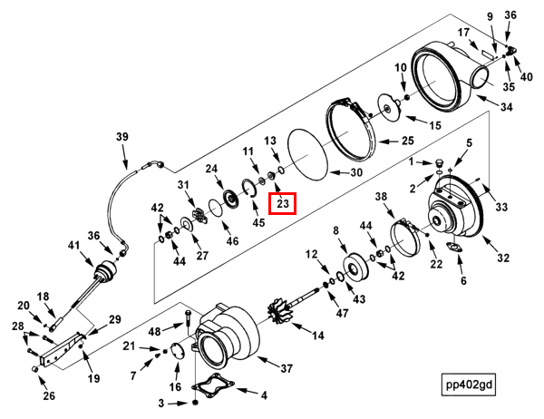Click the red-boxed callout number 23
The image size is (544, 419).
(x=283, y=203)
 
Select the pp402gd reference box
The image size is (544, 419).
(x=469, y=385)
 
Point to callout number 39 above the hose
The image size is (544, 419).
(x=122, y=137)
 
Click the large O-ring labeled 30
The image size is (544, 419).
(x=308, y=154)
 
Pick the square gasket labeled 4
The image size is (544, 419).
(x=213, y=385)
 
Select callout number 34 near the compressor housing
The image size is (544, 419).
(x=506, y=107)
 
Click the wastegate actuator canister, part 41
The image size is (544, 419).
(x=106, y=271)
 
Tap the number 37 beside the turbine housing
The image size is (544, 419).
(x=287, y=368)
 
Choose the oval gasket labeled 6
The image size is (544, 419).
(x=454, y=248)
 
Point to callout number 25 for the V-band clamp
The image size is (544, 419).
(x=408, y=141)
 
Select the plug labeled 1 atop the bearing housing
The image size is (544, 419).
(x=440, y=163)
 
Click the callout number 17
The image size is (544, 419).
(x=463, y=33)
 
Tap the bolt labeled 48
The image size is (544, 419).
(x=187, y=318)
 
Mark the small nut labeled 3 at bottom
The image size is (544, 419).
(x=195, y=403)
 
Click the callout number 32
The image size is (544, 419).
(x=503, y=258)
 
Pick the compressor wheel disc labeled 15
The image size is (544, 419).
(x=389, y=108)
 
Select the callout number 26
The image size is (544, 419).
(x=49, y=395)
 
